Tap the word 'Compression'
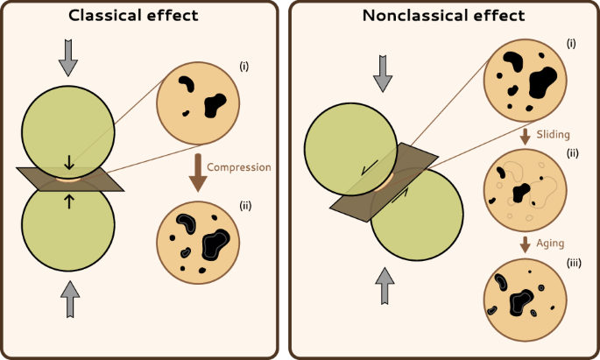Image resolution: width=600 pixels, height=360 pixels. [x=238, y=166]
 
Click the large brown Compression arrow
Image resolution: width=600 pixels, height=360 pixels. [x=198, y=171]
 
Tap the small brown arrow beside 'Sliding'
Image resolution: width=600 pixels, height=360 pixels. [x=525, y=137]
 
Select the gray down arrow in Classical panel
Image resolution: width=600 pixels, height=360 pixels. [x=67, y=57]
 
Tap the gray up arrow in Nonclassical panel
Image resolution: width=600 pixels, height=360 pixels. [x=383, y=283]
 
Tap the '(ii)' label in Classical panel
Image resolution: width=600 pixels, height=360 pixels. [x=245, y=206]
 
